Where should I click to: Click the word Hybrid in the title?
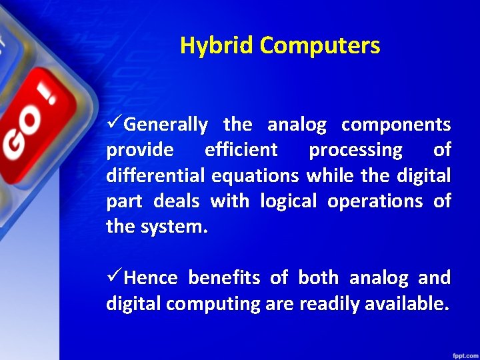[x=217, y=45]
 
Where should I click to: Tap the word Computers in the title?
[x=320, y=45]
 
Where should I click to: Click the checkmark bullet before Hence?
[x=114, y=277]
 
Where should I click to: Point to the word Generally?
[x=166, y=125]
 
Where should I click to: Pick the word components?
[x=396, y=125]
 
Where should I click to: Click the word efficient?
[x=241, y=151]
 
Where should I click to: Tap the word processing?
[x=355, y=151]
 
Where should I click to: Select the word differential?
[x=156, y=176]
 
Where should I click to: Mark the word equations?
[x=256, y=176]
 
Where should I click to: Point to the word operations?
[x=375, y=201]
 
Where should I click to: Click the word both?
[x=318, y=277]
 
